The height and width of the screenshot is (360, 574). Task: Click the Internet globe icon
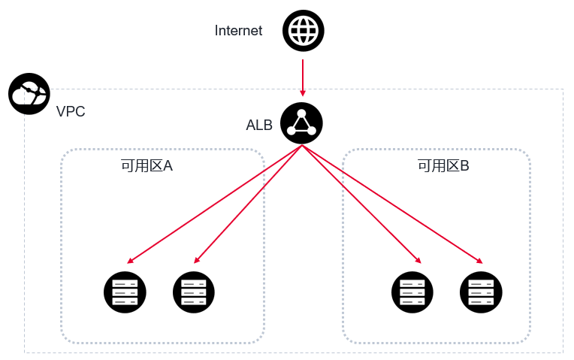point(303,31)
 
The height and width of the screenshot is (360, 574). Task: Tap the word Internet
point(238,31)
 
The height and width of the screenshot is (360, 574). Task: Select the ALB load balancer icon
point(301,124)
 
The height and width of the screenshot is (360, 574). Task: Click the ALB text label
point(259,125)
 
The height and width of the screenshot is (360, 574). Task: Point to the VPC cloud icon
point(29,94)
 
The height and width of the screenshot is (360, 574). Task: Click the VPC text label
point(71,112)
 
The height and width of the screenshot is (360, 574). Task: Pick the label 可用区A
point(147,165)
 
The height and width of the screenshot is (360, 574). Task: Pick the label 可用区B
point(443,165)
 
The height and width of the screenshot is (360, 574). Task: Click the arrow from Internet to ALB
point(302,75)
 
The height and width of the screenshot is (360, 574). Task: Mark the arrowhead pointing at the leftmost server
point(130,261)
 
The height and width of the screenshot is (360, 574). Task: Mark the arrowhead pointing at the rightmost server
point(479,261)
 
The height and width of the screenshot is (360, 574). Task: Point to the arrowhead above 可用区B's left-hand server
point(418,260)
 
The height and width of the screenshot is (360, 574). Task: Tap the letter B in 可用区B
point(464,165)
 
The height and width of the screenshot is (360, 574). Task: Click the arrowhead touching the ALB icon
point(302,95)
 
